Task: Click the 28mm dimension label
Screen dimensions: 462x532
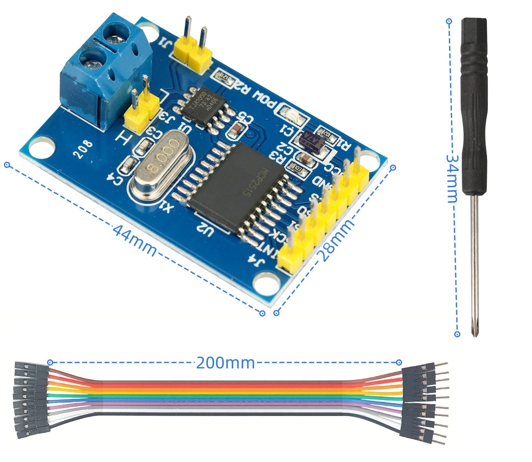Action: (x=336, y=240)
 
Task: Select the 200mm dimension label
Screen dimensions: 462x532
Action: (x=225, y=363)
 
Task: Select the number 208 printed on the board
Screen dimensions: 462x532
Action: (x=83, y=150)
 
